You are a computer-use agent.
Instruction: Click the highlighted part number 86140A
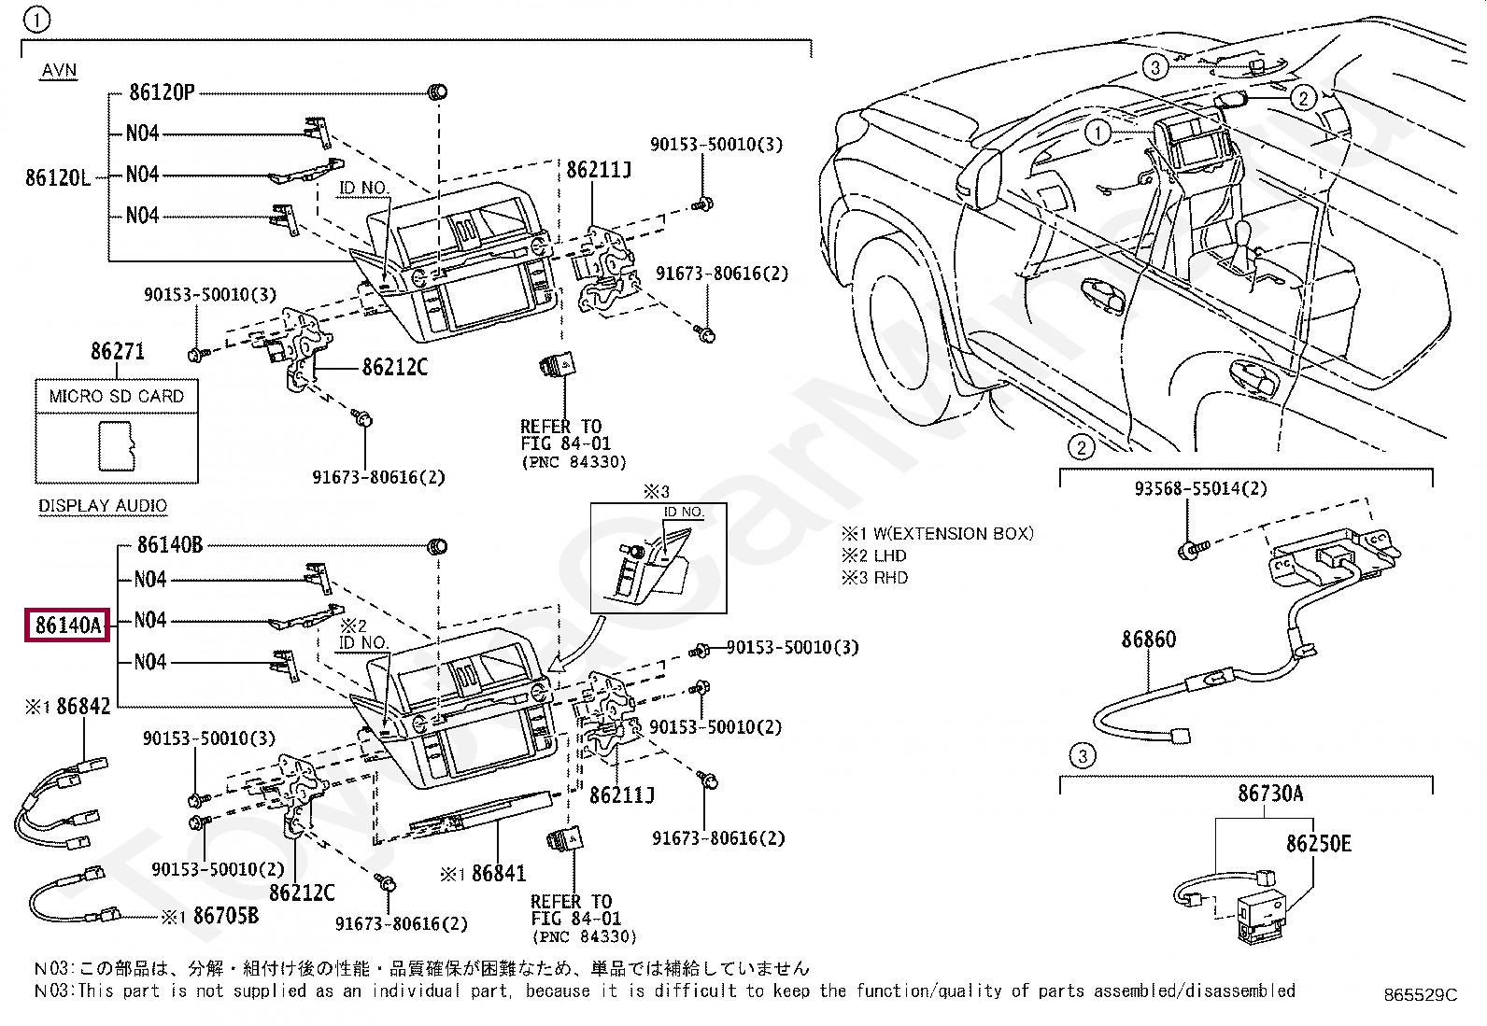coord(67,624)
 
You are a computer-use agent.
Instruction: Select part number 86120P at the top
coord(162,92)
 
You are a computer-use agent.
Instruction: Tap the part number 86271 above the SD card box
coord(118,352)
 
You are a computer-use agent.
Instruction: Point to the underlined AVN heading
coord(59,71)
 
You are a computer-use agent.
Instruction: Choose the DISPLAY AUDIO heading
coord(103,506)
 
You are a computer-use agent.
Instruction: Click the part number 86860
coord(1148,640)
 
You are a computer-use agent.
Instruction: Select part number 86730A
coord(1270,794)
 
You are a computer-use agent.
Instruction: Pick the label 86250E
coord(1318,844)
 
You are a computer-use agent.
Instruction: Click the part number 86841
coord(499,874)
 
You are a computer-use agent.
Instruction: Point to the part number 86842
coord(83,707)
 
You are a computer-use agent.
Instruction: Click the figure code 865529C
coord(1421,995)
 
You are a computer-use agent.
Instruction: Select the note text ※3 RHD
coord(874,578)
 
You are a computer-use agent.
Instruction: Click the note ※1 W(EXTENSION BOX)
coord(938,534)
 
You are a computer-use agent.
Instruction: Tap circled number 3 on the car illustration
coord(1155,67)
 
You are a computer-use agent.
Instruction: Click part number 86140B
coord(170,544)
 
